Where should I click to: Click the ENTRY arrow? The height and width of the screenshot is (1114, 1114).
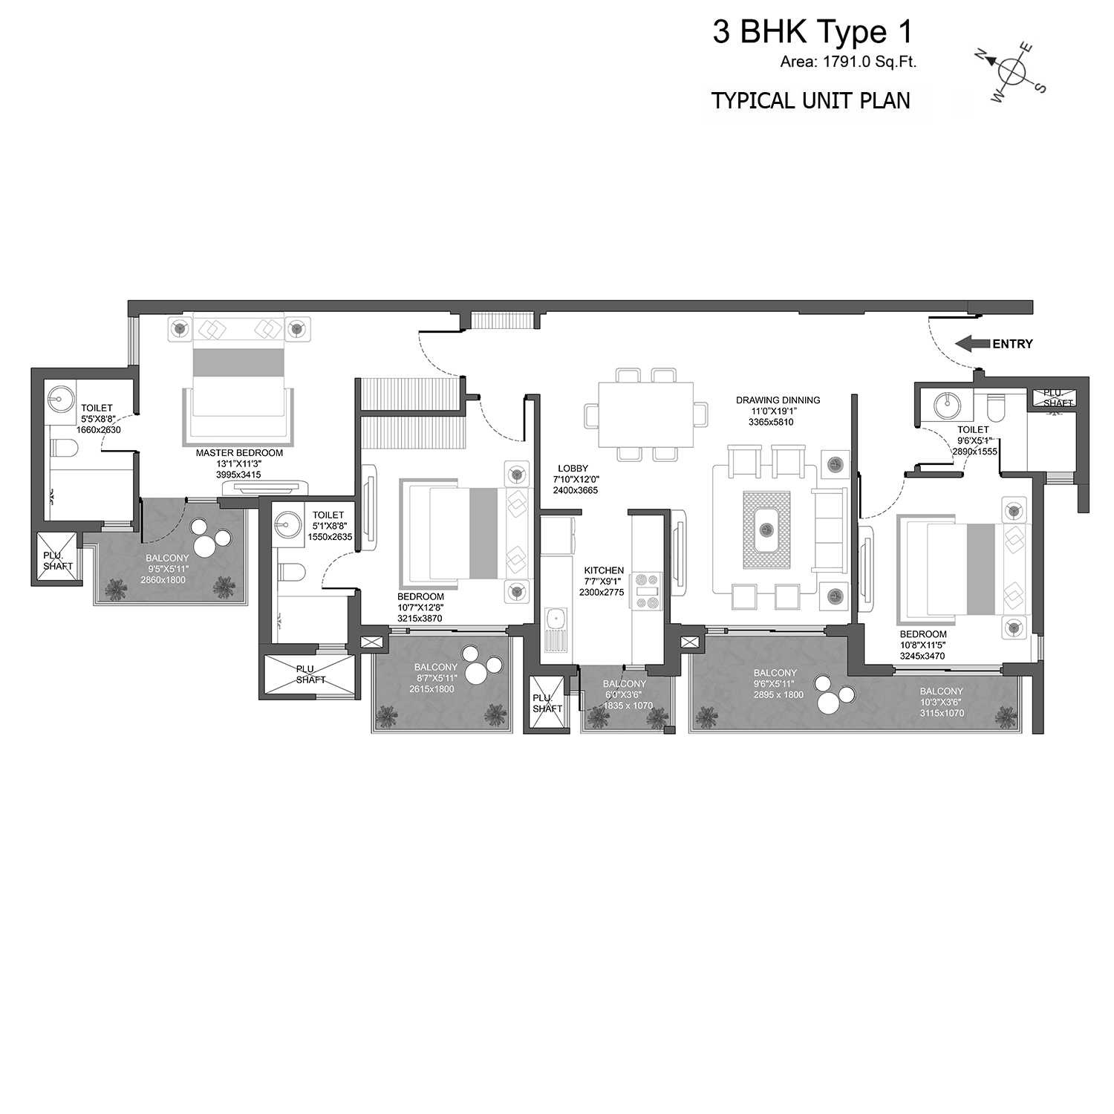(x=972, y=344)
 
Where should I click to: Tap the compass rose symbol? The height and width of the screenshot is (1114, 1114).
(x=1011, y=71)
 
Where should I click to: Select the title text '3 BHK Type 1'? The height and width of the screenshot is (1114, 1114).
(x=812, y=32)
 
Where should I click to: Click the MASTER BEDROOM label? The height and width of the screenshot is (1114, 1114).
(x=239, y=452)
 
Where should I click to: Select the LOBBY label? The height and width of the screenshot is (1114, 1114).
(x=573, y=469)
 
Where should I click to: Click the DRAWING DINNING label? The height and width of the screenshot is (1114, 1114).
(x=778, y=400)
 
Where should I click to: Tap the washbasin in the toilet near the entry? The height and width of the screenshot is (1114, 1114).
(x=947, y=405)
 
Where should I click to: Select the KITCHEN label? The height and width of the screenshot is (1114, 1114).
(x=604, y=571)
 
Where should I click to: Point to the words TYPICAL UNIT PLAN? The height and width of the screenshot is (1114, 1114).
(x=811, y=100)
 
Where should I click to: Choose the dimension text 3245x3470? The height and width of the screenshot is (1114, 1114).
(x=922, y=657)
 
